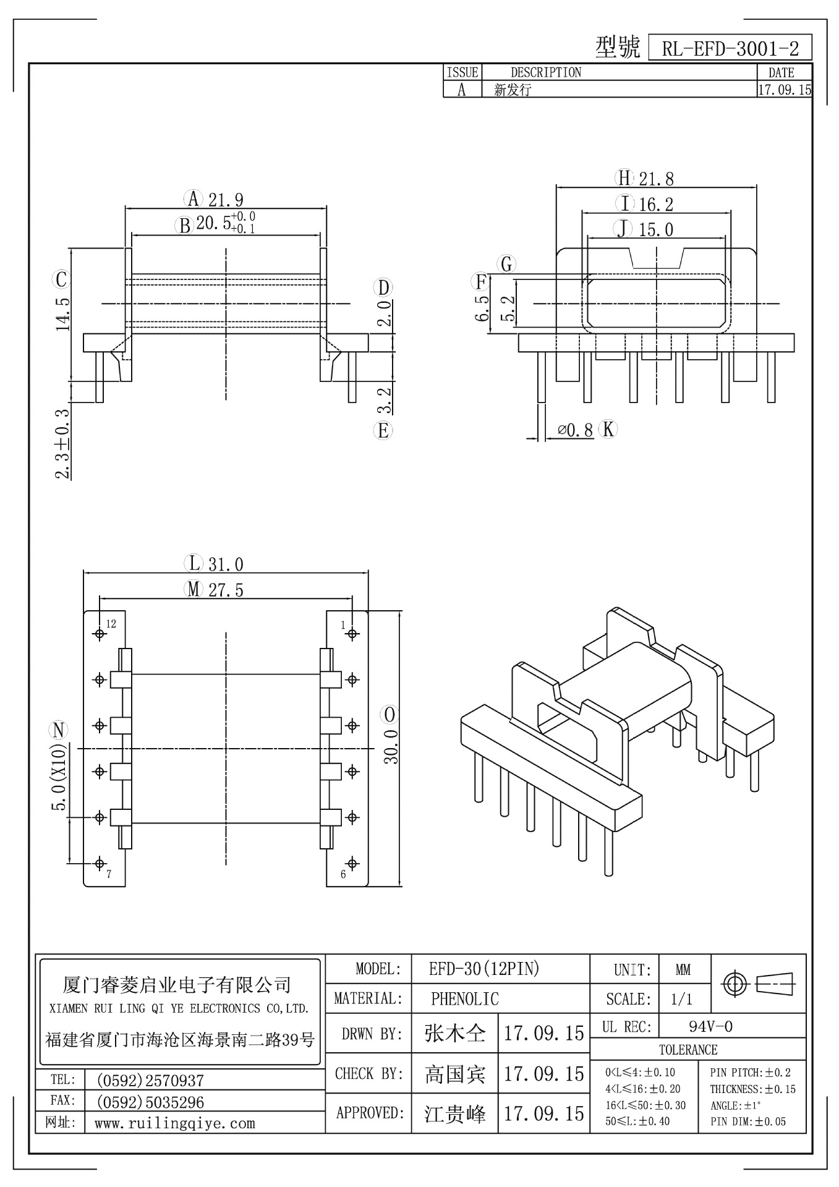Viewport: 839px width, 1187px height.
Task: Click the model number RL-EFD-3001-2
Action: point(730,48)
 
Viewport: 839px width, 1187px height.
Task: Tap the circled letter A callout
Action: point(194,199)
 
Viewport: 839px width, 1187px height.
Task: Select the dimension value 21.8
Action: point(656,179)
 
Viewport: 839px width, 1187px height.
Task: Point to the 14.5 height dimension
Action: point(62,313)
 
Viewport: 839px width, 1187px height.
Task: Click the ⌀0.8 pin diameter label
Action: point(575,430)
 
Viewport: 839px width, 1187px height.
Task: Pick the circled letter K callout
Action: point(608,429)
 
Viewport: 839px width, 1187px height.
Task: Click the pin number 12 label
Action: point(111,624)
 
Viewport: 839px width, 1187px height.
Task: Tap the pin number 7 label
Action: point(109,874)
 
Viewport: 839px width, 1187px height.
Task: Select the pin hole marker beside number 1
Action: point(352,634)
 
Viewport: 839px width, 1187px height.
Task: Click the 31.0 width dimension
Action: point(226,564)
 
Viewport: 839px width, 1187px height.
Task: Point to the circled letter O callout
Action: point(390,715)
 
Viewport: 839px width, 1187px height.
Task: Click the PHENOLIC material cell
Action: point(464,998)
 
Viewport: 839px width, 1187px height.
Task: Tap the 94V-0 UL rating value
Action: point(710,1026)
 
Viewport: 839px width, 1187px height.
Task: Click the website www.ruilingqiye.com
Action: point(174,1123)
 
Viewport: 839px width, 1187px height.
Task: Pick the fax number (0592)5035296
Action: point(150,1102)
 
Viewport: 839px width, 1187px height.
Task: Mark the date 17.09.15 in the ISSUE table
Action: point(784,90)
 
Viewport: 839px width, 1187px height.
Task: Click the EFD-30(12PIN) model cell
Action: point(484,969)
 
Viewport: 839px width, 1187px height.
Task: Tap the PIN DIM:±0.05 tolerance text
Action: point(748,1121)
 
